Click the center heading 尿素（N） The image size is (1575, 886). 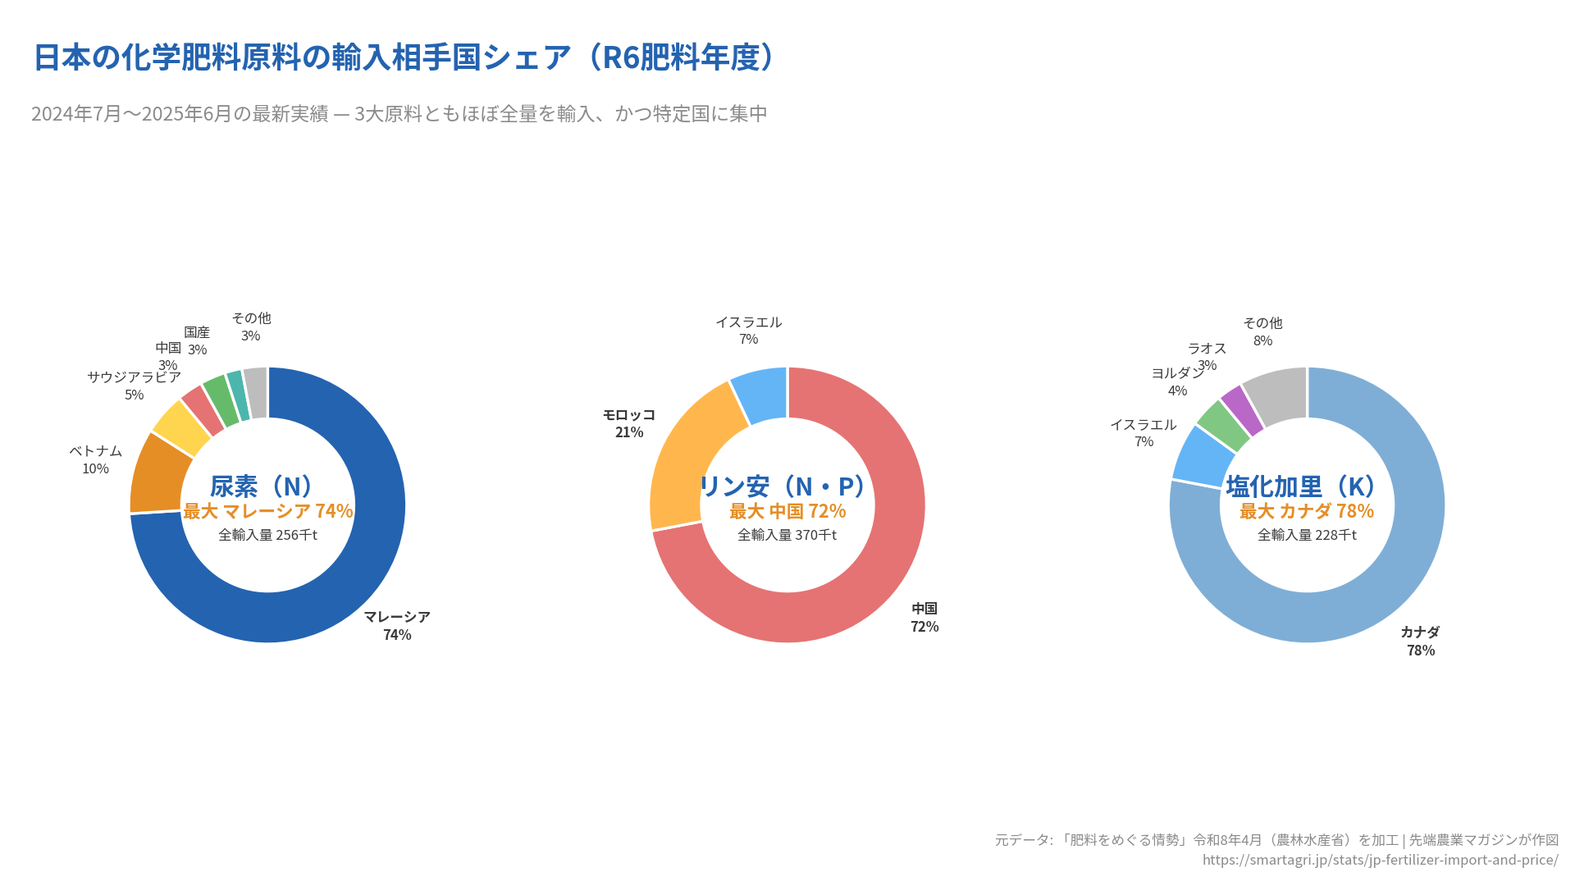pyautogui.click(x=263, y=486)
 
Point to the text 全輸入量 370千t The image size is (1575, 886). pyautogui.click(x=787, y=535)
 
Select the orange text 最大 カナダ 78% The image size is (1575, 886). pyautogui.click(x=1306, y=511)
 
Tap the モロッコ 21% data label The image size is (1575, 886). pyautogui.click(x=629, y=423)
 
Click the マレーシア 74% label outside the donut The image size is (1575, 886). pyautogui.click(x=397, y=625)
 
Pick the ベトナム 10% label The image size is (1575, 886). pyautogui.click(x=95, y=459)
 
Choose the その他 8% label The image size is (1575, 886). pyautogui.click(x=1262, y=331)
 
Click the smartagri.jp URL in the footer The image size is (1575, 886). pyautogui.click(x=1380, y=860)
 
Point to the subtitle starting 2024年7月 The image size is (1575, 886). pyautogui.click(x=399, y=113)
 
